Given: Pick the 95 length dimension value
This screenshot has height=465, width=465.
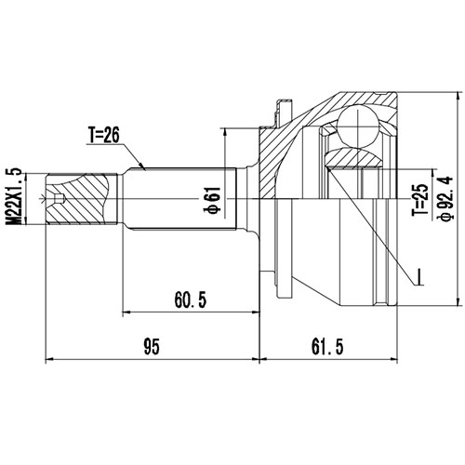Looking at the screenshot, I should pyautogui.click(x=153, y=348).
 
